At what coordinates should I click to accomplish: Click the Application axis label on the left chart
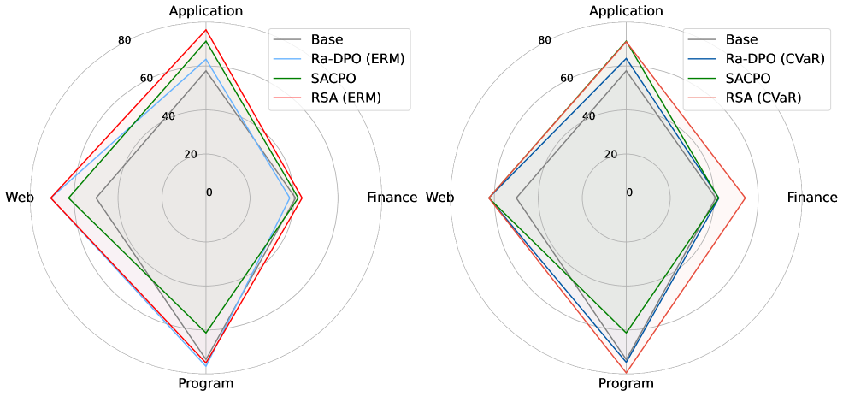[206, 10]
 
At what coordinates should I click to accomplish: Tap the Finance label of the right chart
[812, 198]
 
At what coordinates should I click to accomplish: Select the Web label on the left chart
[19, 198]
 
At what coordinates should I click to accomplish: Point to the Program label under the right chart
[626, 383]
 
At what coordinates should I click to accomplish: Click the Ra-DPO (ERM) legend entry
[357, 59]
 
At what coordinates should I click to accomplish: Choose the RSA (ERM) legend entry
[347, 98]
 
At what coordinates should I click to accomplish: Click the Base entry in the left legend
[328, 39]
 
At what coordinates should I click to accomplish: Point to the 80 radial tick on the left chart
[124, 40]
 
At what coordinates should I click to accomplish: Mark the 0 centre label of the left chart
[209, 192]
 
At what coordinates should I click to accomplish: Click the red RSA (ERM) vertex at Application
[206, 31]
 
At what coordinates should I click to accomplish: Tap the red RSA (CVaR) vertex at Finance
[745, 198]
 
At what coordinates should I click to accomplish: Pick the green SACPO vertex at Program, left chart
[206, 330]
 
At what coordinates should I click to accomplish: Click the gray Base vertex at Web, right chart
[516, 198]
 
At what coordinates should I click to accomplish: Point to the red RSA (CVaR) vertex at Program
[626, 373]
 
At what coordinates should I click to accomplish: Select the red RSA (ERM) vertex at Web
[51, 198]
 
